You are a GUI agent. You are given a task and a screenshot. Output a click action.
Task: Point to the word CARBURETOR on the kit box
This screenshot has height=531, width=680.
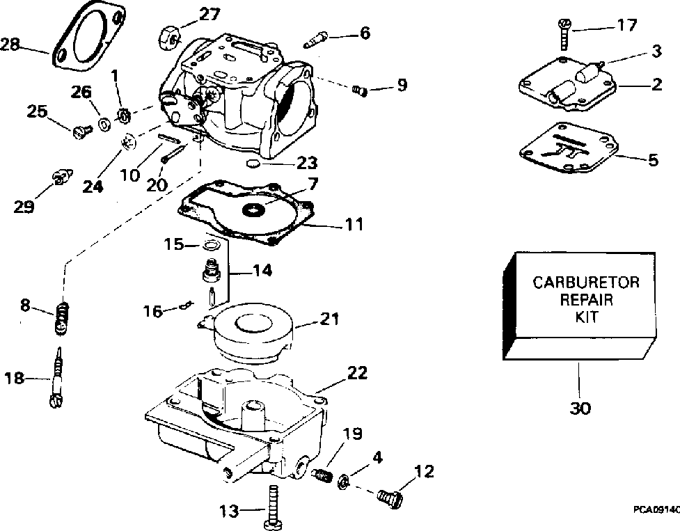click(585, 283)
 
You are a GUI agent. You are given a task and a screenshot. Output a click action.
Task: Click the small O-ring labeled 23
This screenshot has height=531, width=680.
click(254, 163)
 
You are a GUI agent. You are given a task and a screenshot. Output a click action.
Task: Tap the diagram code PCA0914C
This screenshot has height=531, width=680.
click(656, 509)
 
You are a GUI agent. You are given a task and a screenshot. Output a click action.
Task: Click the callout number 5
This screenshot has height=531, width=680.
click(652, 160)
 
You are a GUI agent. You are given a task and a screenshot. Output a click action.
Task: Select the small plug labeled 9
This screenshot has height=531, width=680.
click(360, 89)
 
